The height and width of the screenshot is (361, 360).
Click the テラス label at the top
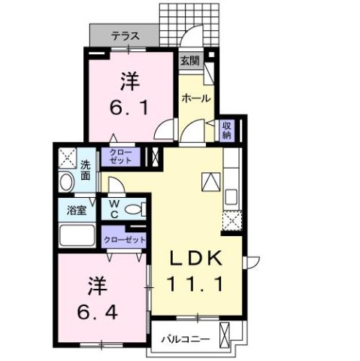tap(125, 35)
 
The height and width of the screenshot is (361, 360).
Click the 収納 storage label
tap(226, 131)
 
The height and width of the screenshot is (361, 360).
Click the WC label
tap(114, 208)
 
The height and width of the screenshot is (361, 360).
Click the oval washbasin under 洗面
tap(65, 183)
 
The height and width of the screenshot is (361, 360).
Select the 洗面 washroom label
tap(86, 169)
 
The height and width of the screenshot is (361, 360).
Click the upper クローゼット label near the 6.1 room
tap(125, 157)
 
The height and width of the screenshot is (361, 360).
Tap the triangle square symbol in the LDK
tap(210, 181)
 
